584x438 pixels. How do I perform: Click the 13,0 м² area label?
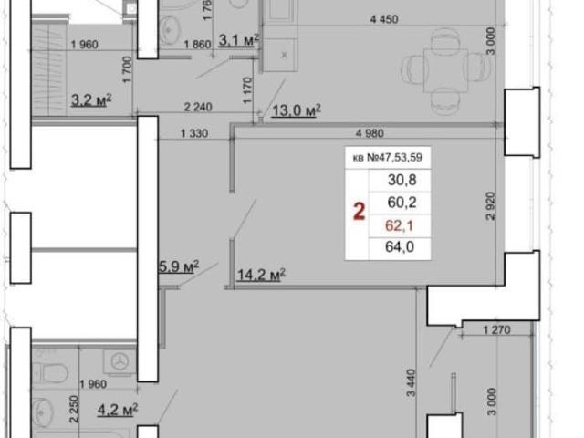coord(297,110)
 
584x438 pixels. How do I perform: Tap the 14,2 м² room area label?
coord(261,275)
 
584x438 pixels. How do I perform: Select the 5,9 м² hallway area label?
coord(179,266)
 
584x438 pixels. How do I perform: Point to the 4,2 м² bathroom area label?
coord(118,410)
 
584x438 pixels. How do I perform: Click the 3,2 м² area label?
coord(91,99)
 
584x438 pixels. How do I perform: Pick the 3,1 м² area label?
coord(238,40)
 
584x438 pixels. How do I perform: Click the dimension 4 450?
coord(384,19)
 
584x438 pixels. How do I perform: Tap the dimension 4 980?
coord(370,133)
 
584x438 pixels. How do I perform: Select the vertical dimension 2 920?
coord(491,206)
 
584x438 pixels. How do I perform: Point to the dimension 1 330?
coord(194,133)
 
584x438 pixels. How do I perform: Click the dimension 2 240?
coord(198,108)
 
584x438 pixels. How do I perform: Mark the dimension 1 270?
coord(496,330)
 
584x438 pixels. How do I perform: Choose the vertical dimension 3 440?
coord(411,383)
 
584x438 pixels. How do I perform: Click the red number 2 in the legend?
coord(359,212)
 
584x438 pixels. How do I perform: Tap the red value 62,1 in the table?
coord(400,225)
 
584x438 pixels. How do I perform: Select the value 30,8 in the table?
coord(401,180)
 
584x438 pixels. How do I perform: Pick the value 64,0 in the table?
coord(400,246)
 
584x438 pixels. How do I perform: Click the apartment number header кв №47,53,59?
coord(387,158)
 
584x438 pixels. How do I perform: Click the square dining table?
coord(446,71)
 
